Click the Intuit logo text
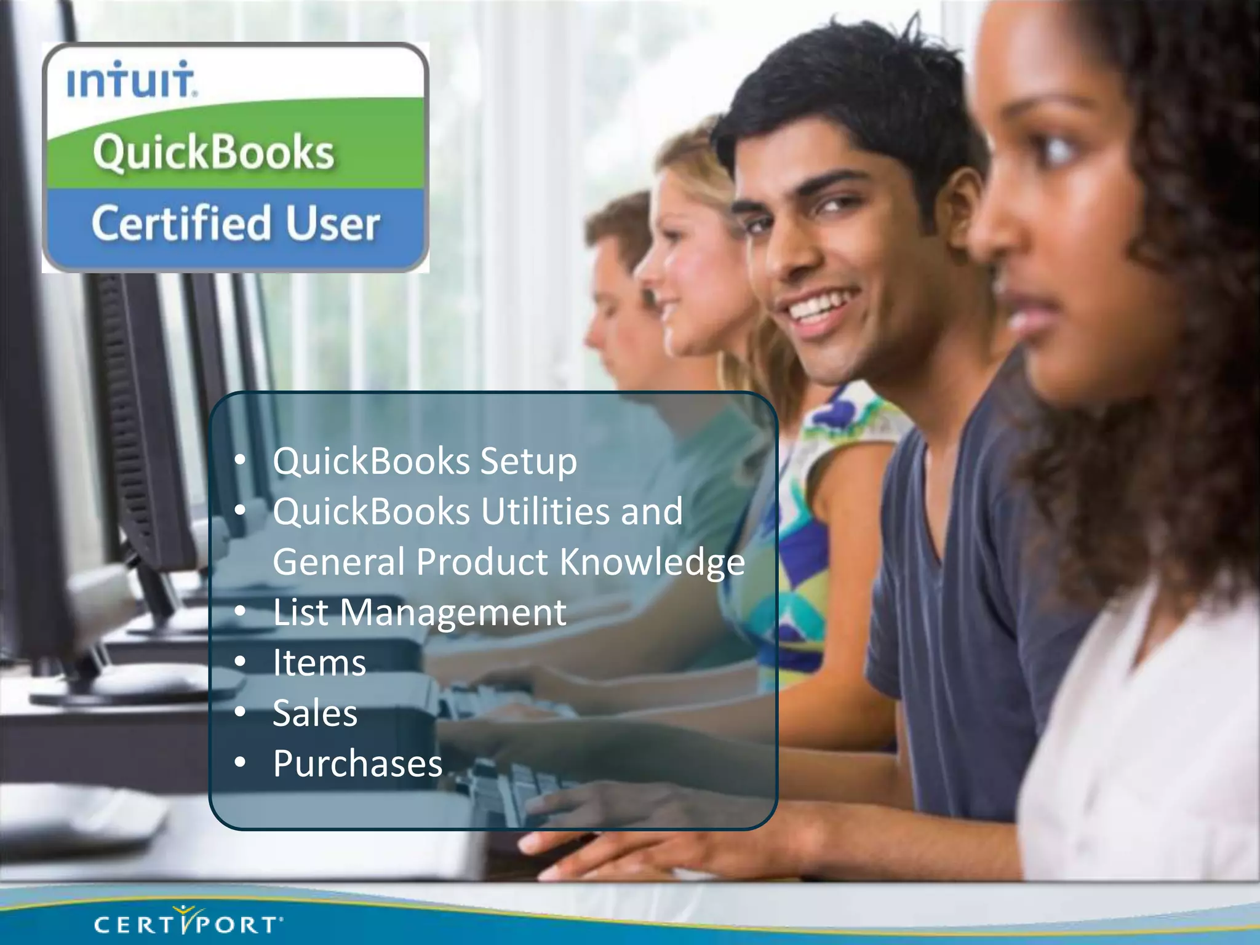[x=131, y=80]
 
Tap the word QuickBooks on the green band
[x=213, y=151]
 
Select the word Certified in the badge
[x=181, y=223]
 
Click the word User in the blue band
[x=332, y=223]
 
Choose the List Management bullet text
[x=419, y=613]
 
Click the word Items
[x=319, y=663]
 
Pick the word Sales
[x=315, y=714]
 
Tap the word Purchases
[x=357, y=764]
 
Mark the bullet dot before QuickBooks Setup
[x=240, y=460]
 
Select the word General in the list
[x=339, y=562]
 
